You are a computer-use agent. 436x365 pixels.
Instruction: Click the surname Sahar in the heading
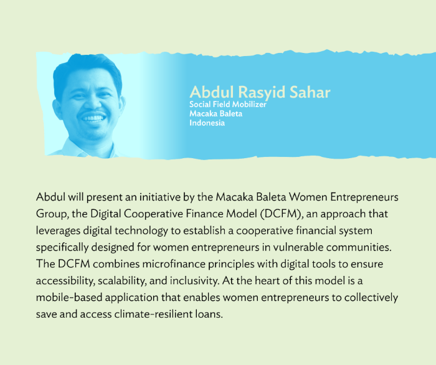tap(310, 92)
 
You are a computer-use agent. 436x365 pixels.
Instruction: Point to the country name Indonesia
tap(207, 123)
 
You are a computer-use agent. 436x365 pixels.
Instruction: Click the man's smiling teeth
tap(93, 118)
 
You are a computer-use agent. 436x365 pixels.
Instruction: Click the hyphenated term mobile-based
tap(69, 297)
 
